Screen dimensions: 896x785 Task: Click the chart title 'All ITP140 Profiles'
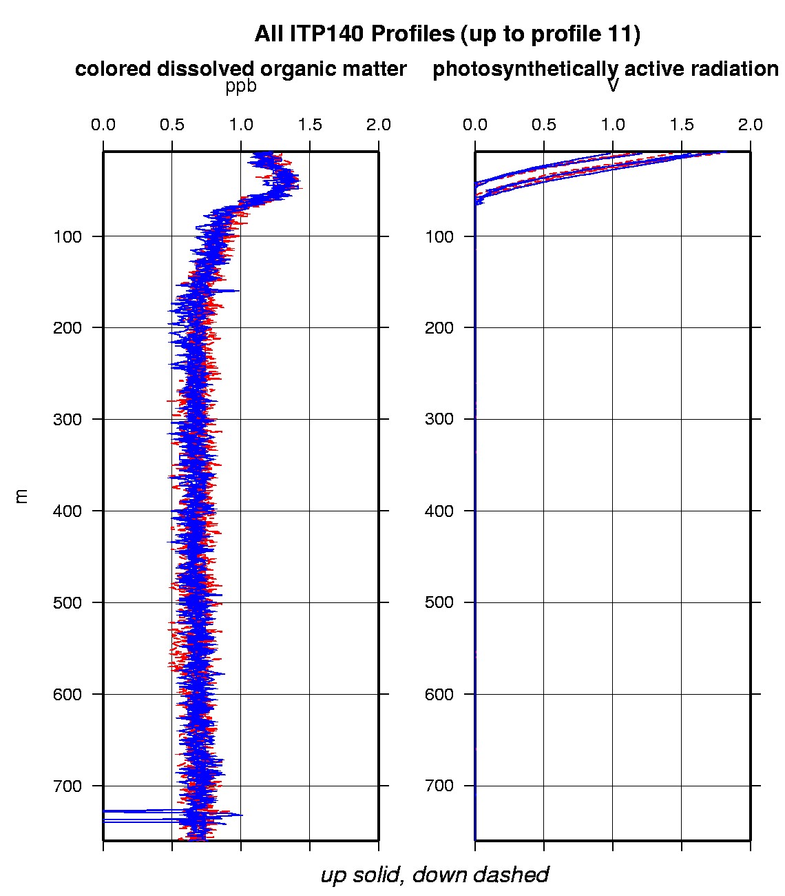(354, 34)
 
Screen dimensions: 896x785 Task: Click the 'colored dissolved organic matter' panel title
(240, 69)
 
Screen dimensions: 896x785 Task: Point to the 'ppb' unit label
(240, 87)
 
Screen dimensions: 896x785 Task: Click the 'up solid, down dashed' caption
(435, 875)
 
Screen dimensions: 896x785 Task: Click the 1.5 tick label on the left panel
(310, 125)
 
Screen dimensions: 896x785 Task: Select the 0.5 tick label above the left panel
(172, 125)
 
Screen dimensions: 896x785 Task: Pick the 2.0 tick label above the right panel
(750, 125)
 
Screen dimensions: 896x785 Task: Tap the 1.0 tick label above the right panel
(613, 125)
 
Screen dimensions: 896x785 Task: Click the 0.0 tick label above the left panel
(103, 125)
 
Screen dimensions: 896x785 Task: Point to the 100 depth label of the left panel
(67, 236)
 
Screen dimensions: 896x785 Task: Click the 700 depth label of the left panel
(67, 786)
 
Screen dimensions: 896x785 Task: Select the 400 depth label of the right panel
(439, 511)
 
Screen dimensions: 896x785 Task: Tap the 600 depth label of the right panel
(439, 694)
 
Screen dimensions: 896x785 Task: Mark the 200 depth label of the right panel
(439, 327)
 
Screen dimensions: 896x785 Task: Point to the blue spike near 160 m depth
(234, 291)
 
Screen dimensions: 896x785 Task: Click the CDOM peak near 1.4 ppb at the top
(295, 183)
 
